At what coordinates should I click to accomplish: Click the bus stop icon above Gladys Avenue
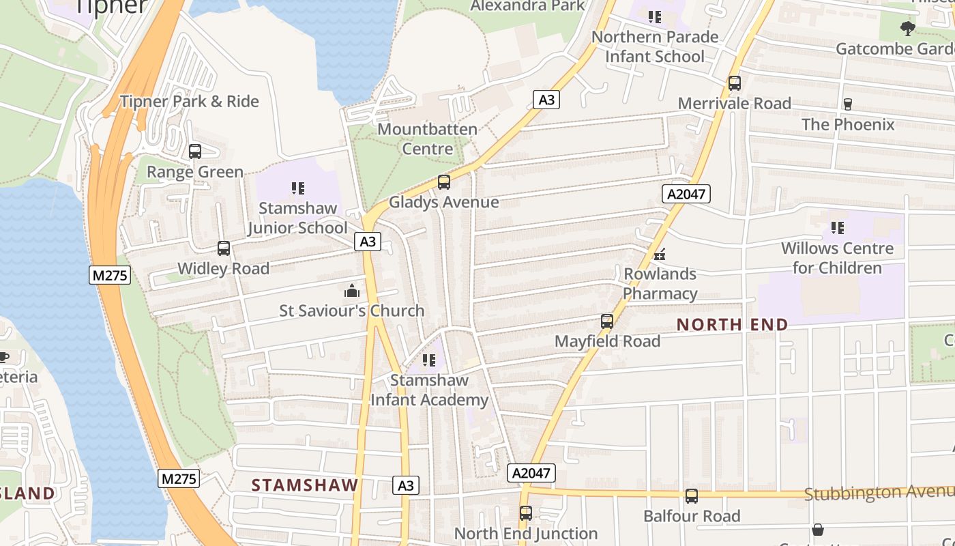point(444,182)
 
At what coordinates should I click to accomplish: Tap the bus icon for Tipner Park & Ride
point(195,152)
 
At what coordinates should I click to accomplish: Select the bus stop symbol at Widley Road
point(224,248)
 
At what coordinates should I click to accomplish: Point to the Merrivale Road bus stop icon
point(735,83)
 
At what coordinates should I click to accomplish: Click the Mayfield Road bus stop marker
point(607,321)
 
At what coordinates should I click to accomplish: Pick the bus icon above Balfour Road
point(692,496)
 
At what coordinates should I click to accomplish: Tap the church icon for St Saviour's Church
point(352,291)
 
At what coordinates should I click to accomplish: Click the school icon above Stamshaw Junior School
point(297,188)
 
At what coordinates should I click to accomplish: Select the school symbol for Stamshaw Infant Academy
point(429,360)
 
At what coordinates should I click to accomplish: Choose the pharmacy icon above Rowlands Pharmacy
point(660,255)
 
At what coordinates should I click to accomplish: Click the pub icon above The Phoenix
point(848,104)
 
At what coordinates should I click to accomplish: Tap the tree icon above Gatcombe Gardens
point(907,29)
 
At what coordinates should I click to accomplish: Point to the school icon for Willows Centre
point(837,228)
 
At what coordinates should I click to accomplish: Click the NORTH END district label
point(732,325)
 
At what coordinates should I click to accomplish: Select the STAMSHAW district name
point(304,485)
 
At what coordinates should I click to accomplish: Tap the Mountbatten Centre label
point(427,139)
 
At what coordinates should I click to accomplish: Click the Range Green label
point(195,172)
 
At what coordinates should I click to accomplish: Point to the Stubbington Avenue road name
point(879,493)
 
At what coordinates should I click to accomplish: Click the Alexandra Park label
point(527,6)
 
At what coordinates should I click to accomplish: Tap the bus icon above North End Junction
point(526,513)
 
